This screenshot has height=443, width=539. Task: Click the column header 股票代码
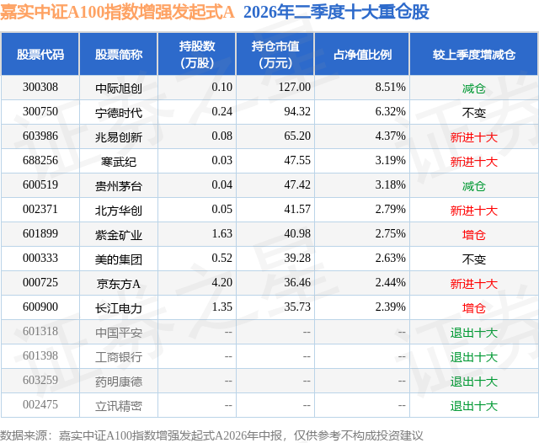[x=40, y=54]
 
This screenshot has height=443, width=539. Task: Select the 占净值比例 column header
[x=362, y=54]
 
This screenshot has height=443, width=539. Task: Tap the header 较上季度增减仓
[x=474, y=54]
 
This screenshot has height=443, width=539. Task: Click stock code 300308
[x=40, y=88]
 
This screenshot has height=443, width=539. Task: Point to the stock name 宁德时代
[x=119, y=112]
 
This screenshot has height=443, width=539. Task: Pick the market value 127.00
[x=295, y=88]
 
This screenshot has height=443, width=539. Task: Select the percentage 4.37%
[x=390, y=136]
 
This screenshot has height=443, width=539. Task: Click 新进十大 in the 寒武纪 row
[x=474, y=162]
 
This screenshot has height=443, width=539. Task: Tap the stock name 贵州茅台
[x=119, y=186]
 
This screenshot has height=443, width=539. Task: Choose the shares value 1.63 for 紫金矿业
[x=222, y=233]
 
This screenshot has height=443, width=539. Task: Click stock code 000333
[x=40, y=258]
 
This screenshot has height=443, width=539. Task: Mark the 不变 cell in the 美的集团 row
[x=474, y=259]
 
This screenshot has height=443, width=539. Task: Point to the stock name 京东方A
[x=119, y=284]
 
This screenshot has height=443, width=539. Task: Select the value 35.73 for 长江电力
[x=297, y=307]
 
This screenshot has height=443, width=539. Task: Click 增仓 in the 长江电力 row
[x=474, y=308]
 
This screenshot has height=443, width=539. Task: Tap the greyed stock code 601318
[x=40, y=331]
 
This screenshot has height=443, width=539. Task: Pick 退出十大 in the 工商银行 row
[x=474, y=357]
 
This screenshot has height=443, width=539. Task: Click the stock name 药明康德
[x=119, y=382]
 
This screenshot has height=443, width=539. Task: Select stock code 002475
[x=40, y=404]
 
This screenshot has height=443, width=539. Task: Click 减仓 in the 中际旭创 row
[x=474, y=88]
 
